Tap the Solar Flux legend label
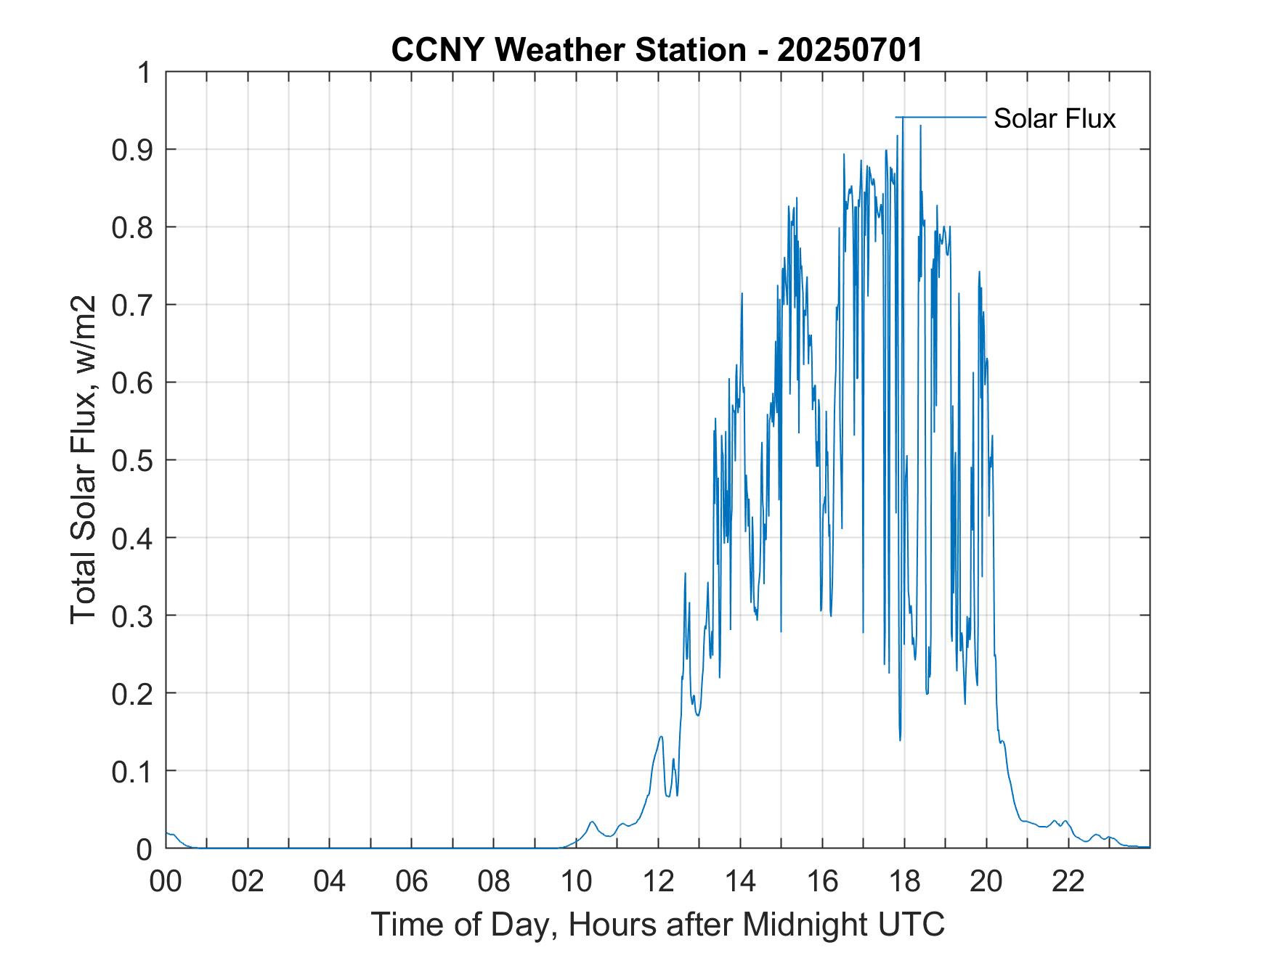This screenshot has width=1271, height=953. click(x=1054, y=118)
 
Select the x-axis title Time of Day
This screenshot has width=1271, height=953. click(x=657, y=925)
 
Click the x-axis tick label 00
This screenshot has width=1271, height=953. click(x=166, y=881)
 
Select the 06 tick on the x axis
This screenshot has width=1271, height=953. click(x=412, y=881)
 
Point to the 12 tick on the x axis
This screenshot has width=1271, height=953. click(x=658, y=881)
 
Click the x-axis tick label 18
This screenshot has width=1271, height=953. click(x=904, y=881)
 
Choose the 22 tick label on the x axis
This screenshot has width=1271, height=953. click(x=1068, y=881)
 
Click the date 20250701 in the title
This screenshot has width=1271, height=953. click(x=850, y=50)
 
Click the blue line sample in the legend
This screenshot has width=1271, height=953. click(x=941, y=117)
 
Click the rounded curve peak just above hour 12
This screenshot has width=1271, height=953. click(x=661, y=737)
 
